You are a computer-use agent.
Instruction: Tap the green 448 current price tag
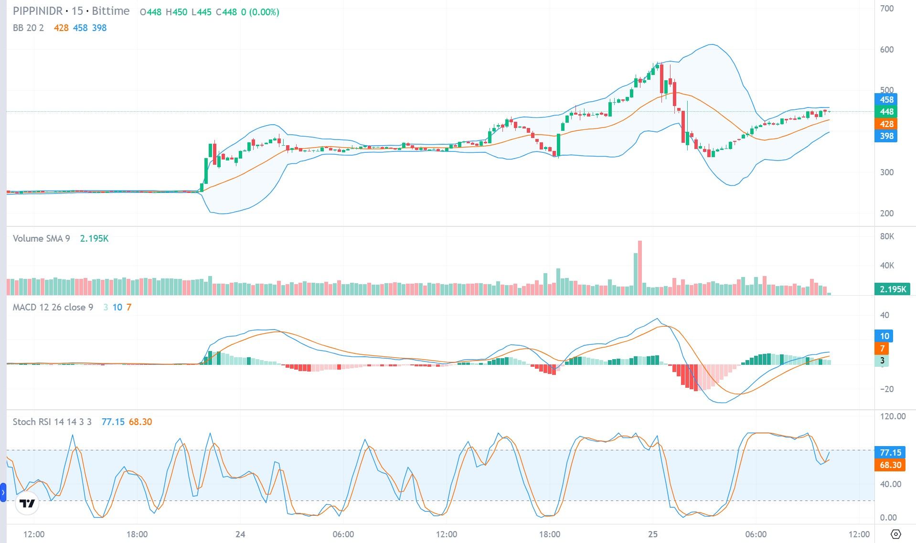pos(886,112)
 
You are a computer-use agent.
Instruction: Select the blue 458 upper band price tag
pos(886,100)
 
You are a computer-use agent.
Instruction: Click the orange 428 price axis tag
pos(886,124)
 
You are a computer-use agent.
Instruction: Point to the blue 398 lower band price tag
pos(886,136)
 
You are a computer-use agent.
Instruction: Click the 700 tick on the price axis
pos(886,9)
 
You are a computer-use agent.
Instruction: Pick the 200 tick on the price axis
pos(886,213)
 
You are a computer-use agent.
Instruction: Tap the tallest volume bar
pos(640,267)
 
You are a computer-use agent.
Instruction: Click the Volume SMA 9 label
pos(41,238)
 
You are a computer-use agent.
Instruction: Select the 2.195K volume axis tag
pos(893,289)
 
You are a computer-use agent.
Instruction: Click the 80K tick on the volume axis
pos(887,236)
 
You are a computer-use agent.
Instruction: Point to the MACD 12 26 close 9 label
pos(53,307)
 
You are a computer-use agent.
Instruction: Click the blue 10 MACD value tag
pos(884,336)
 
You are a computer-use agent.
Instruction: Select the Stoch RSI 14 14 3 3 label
pos(52,422)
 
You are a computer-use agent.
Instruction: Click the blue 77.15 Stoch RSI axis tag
pos(890,452)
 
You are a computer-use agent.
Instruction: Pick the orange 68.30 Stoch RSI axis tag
pos(890,465)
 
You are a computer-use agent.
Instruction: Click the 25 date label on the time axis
pos(652,534)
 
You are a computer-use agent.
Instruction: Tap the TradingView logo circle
pos(27,503)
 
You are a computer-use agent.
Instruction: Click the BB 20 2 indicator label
pos(28,28)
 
